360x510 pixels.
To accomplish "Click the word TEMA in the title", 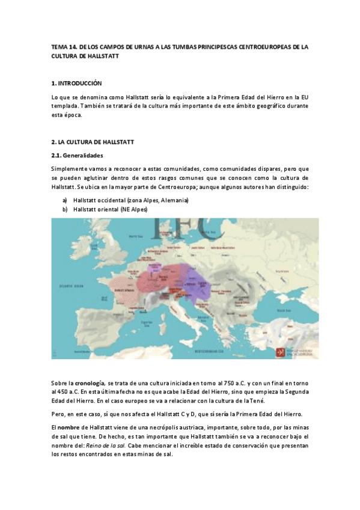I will (60, 46).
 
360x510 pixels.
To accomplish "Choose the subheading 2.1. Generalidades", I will (78, 155).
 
